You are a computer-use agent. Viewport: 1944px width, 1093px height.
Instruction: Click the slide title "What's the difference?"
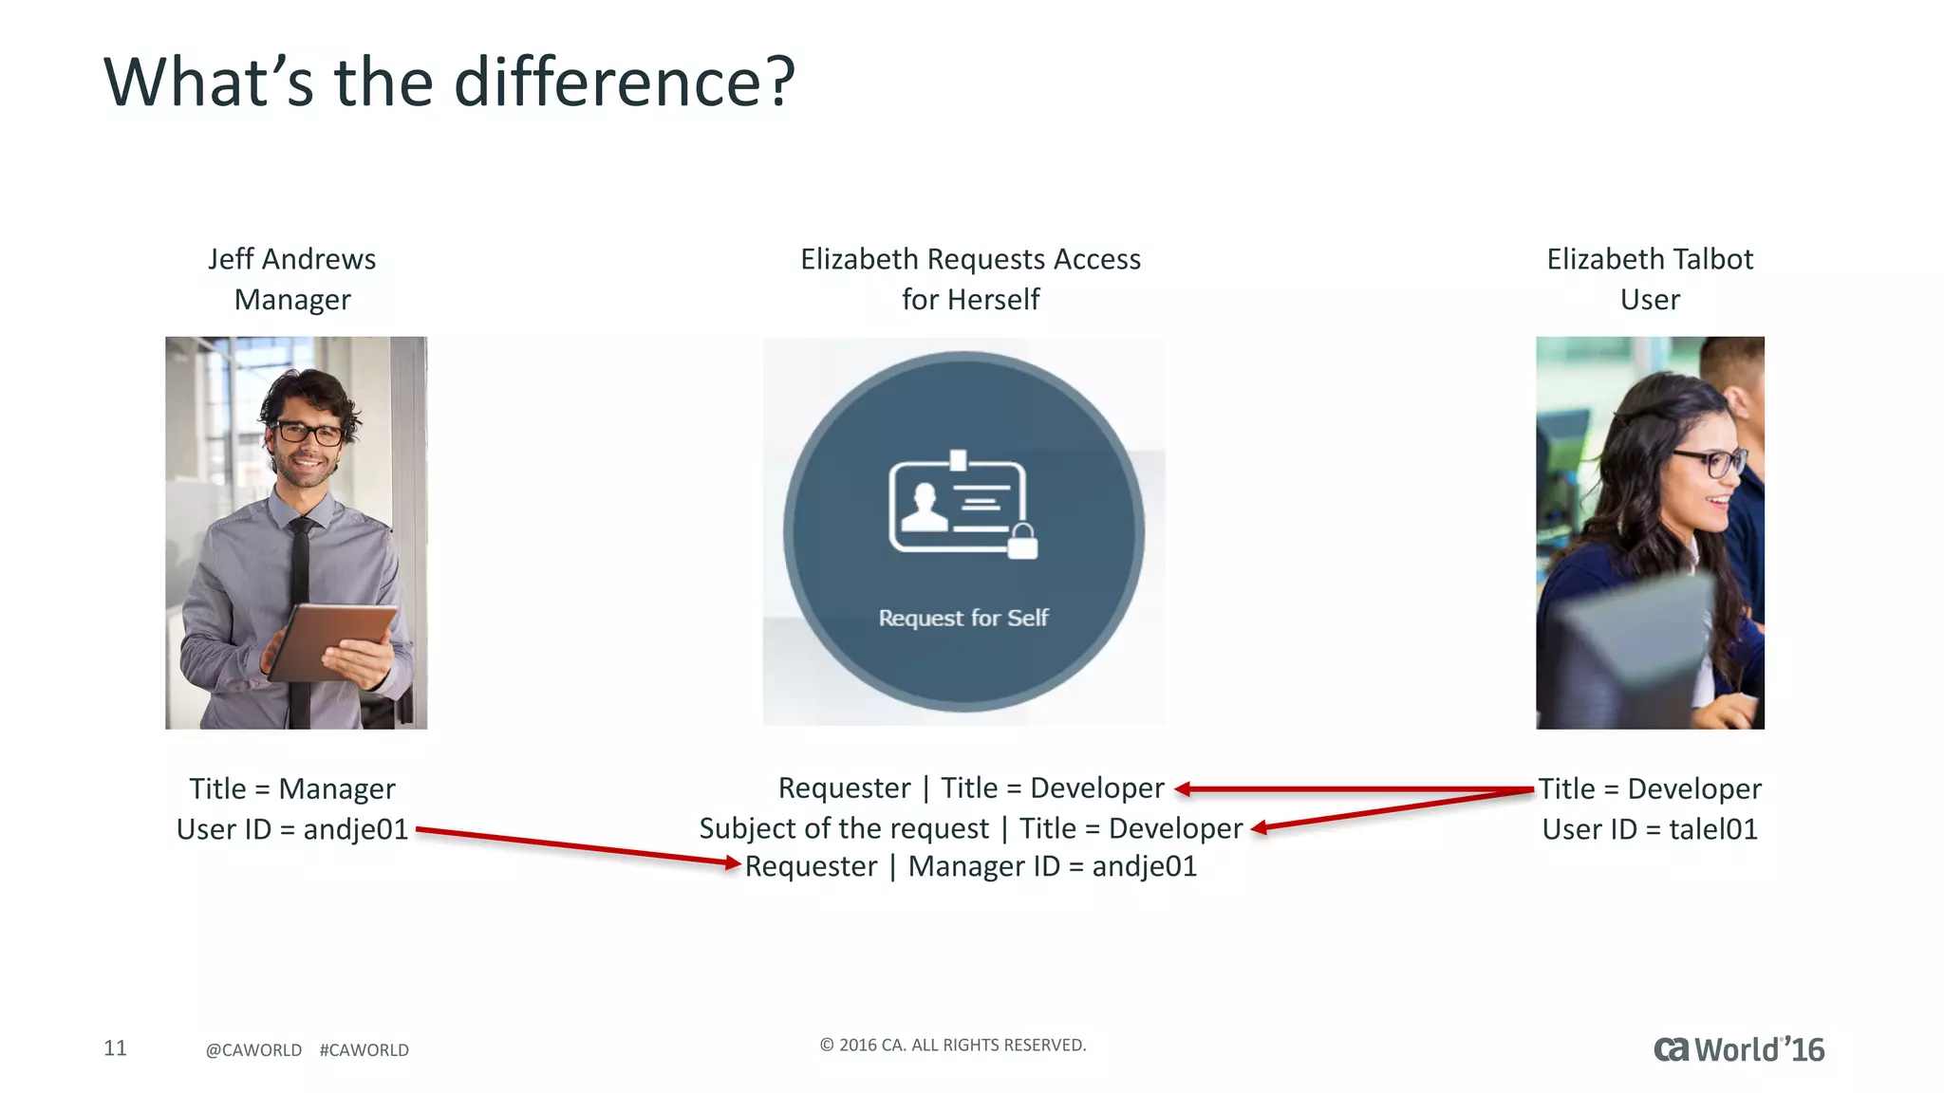[448, 83]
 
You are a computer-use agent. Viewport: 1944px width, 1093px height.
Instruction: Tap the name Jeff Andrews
[292, 259]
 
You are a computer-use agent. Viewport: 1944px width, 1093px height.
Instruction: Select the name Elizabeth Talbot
[1650, 259]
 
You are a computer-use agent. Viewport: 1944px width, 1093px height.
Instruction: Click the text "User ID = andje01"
[292, 829]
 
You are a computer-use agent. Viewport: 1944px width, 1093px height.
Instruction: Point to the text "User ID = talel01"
[1650, 829]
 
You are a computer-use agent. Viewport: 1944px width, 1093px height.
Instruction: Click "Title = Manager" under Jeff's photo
[292, 788]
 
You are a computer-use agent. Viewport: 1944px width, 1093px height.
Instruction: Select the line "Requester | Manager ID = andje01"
[971, 866]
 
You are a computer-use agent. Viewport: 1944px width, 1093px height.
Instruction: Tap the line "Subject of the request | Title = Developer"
[971, 828]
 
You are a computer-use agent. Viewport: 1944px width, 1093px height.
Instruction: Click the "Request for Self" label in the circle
[963, 618]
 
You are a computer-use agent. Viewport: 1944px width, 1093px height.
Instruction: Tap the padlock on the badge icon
[1021, 542]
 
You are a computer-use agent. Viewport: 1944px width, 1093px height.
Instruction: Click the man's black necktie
[300, 607]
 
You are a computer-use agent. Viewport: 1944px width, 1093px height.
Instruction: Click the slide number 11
[115, 1047]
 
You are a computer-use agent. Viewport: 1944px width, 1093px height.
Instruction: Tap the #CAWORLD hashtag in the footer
[364, 1050]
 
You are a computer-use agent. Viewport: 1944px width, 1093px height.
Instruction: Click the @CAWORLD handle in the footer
[253, 1050]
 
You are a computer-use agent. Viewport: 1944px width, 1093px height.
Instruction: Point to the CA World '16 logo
[1739, 1049]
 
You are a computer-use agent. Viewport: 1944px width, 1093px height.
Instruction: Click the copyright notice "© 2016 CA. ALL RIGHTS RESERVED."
[953, 1045]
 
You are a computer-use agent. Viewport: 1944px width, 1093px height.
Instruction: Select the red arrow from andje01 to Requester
[577, 846]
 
